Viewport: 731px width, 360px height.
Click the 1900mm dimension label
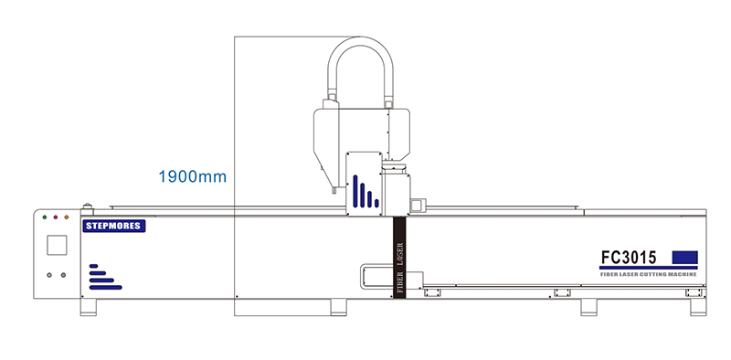[192, 176]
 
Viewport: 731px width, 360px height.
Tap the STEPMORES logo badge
[114, 227]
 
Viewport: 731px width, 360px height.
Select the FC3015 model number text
[629, 258]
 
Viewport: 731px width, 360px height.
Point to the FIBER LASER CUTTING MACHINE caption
[649, 274]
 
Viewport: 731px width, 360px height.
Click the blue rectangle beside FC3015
[684, 258]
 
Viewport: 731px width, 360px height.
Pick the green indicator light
[45, 217]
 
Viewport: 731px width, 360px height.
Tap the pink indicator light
[56, 217]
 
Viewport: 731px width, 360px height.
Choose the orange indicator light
[66, 217]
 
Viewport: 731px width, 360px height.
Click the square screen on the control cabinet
[57, 245]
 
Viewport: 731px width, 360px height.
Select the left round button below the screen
[49, 275]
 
